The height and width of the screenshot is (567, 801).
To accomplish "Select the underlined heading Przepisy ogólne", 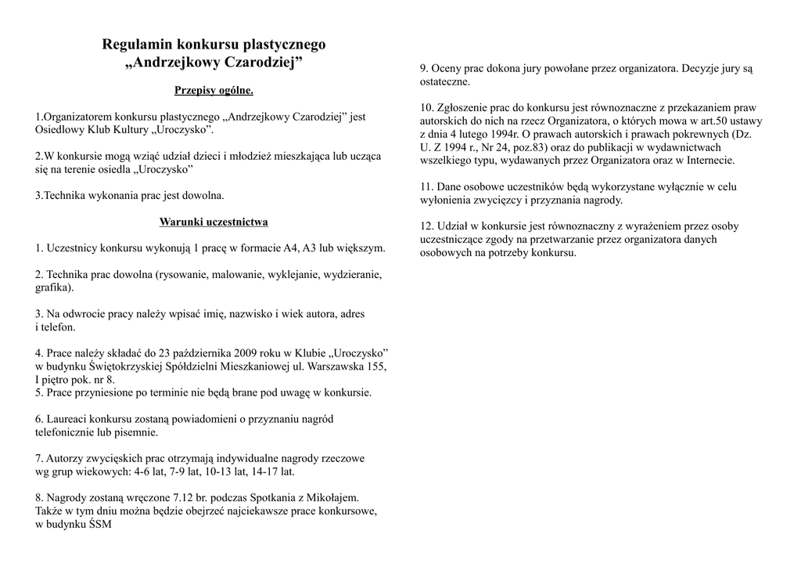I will pos(214,91).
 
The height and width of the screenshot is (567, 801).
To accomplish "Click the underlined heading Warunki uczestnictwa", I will pos(214,222).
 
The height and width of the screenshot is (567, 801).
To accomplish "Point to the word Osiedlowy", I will pos(59,129).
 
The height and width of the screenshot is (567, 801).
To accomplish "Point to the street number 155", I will pos(377,366).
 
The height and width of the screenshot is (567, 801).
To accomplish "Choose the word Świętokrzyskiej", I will pos(117,366).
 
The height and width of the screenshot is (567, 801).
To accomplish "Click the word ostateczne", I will pos(444,81).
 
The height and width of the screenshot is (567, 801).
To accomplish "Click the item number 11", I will pos(426,187).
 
